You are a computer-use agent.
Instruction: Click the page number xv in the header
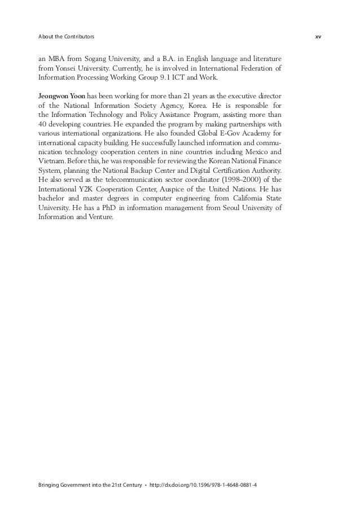point(318,37)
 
